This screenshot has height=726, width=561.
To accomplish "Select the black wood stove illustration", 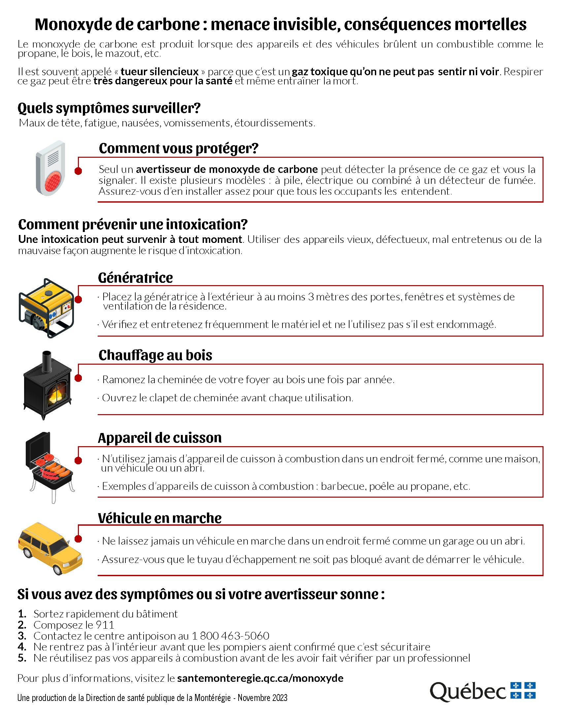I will coord(48,385).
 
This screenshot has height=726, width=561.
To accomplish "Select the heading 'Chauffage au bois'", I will coord(155,355).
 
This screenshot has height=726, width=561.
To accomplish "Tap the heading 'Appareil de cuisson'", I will coord(159,438).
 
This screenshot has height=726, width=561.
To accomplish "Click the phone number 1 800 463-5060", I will coord(230,636).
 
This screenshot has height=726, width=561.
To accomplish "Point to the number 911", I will coord(105,625).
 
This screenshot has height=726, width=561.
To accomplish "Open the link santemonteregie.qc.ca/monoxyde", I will coord(260,678).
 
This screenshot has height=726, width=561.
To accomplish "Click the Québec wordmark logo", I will coord(468,691).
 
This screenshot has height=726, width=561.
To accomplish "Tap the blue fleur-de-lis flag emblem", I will coord(523,690).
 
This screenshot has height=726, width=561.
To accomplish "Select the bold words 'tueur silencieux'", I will coord(159,72).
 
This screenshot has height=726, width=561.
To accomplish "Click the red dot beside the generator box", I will coord(79,300).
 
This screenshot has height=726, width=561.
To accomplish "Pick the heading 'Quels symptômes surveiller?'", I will coord(109,108).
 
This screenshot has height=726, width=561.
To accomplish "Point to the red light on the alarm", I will coord(52,181).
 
